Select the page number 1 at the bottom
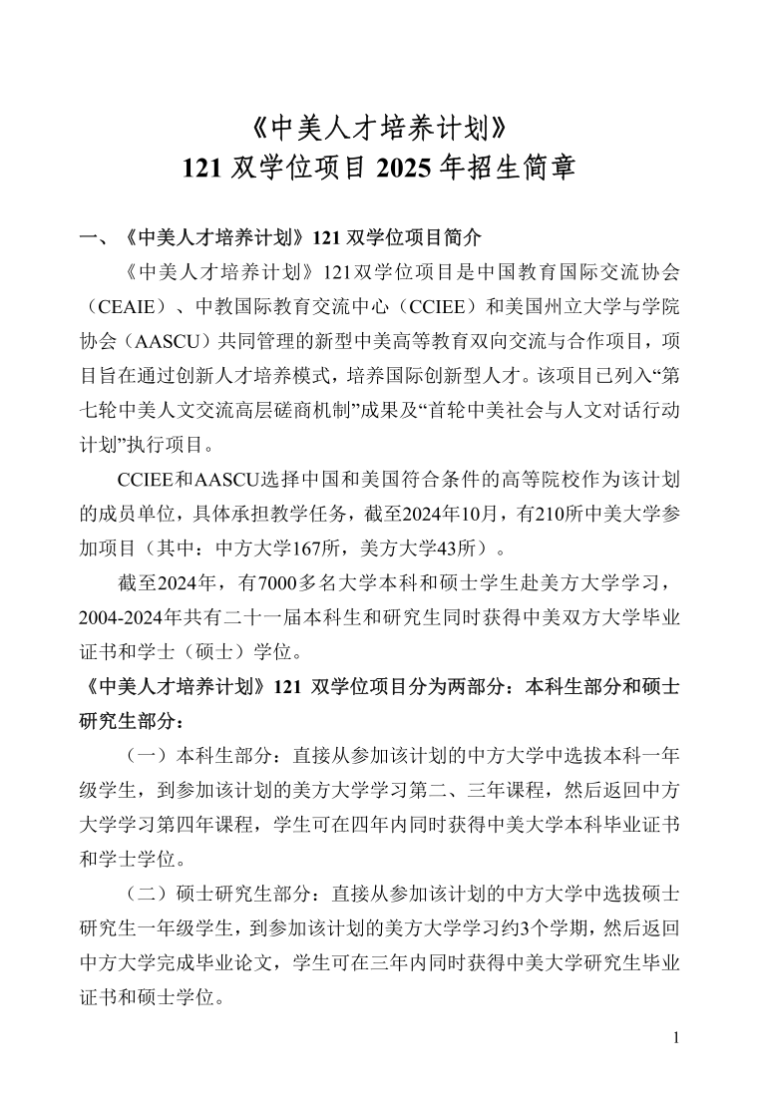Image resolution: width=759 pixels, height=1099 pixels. (675, 1039)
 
